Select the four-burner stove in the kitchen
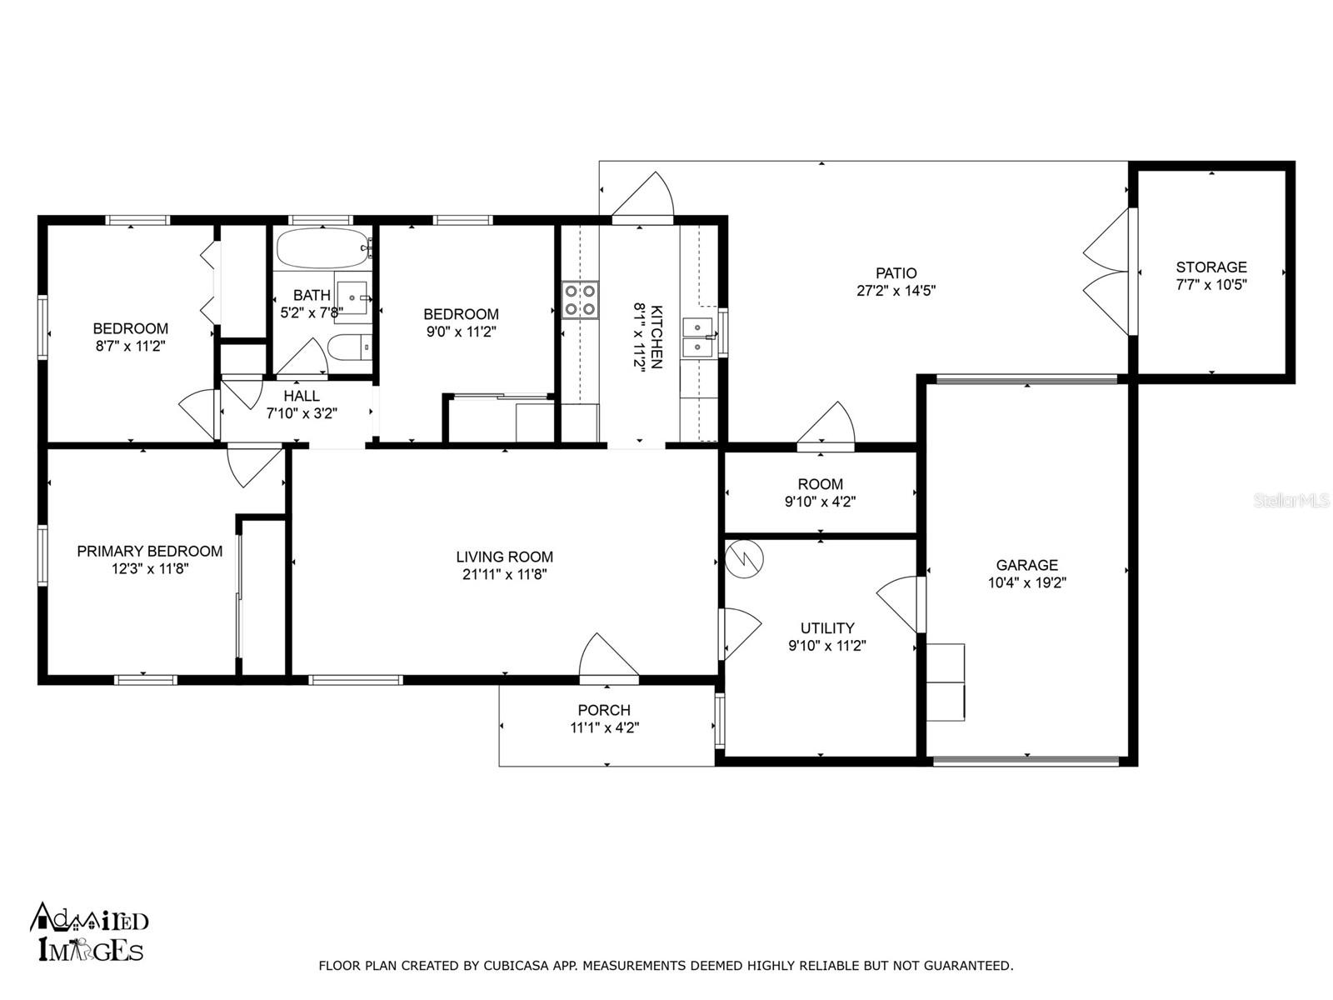tap(579, 300)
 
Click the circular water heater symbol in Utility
tap(744, 558)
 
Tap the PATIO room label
tap(896, 273)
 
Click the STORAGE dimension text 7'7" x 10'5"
tap(1211, 284)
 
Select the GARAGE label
tap(1027, 565)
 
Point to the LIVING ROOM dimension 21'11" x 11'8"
tap(505, 574)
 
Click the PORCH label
tap(604, 710)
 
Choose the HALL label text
tap(302, 396)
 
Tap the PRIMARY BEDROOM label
tap(150, 552)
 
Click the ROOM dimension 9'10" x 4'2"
tap(821, 502)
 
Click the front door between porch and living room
tap(608, 656)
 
